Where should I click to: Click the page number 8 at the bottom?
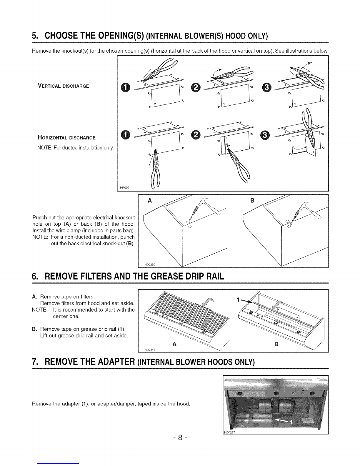[180, 437]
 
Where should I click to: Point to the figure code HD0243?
[150, 350]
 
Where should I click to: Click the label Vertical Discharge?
[63, 86]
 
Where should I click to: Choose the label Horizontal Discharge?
[67, 137]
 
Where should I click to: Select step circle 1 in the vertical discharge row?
[125, 87]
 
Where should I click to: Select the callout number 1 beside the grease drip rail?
[238, 300]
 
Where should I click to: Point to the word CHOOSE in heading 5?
[61, 35]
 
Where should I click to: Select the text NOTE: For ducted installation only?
[76, 148]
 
